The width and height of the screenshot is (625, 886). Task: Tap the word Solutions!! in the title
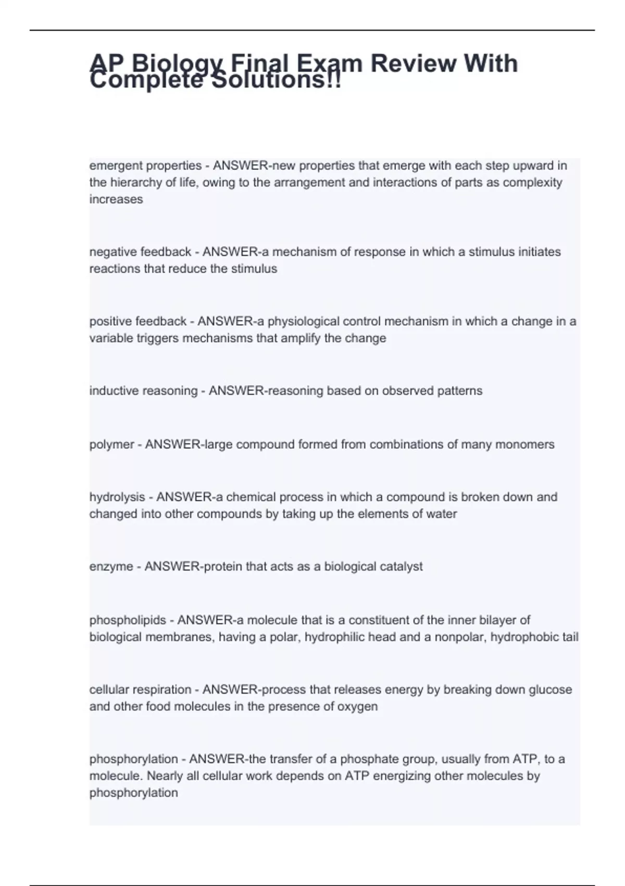click(x=276, y=81)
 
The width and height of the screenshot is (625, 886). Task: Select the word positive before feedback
click(x=110, y=321)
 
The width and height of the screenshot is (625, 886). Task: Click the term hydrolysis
click(x=117, y=497)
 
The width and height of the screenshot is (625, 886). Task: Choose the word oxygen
click(x=356, y=707)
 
